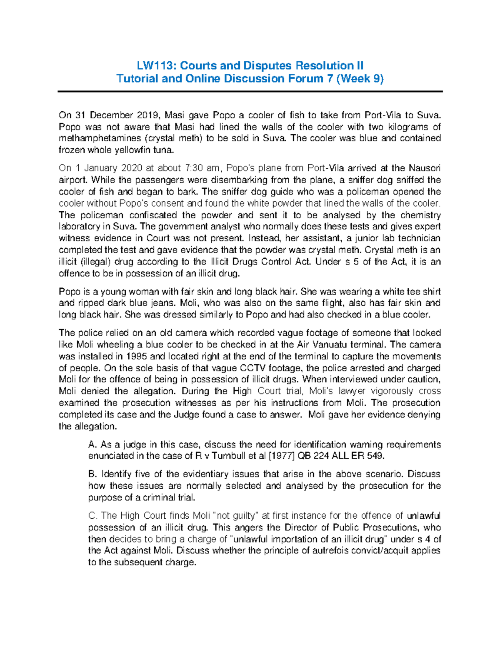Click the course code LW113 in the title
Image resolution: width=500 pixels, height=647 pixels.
(x=151, y=66)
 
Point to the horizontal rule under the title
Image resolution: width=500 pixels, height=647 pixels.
(x=250, y=91)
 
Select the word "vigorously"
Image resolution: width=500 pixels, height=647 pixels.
(x=392, y=391)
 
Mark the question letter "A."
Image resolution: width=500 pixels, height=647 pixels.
(x=92, y=445)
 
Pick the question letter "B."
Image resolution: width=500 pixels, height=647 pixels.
(x=92, y=474)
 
